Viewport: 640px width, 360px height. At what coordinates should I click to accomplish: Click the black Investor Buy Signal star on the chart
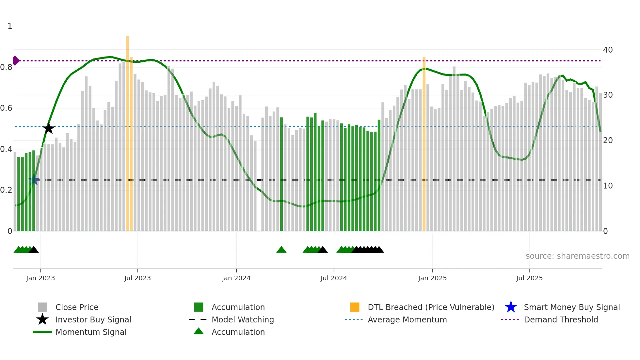click(48, 128)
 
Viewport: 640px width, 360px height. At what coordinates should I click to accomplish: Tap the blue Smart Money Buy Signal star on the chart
click(34, 180)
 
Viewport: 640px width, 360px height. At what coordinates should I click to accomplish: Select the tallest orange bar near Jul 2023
click(127, 131)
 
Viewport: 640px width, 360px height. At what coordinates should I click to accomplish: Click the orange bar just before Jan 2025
click(424, 144)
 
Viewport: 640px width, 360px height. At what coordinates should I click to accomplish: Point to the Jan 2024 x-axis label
click(236, 278)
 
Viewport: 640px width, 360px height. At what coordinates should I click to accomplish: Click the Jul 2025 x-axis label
click(529, 278)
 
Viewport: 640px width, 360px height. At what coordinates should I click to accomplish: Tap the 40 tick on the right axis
click(608, 50)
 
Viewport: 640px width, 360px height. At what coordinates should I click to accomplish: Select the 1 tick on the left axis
click(10, 26)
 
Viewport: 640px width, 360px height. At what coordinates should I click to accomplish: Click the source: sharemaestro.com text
click(577, 256)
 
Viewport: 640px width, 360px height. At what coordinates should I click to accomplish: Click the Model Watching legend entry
click(243, 319)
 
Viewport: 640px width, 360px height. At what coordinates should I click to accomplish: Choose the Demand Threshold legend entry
click(561, 319)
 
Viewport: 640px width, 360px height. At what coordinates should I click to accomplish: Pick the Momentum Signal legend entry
click(91, 332)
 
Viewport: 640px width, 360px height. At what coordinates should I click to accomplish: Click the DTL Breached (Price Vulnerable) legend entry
click(431, 307)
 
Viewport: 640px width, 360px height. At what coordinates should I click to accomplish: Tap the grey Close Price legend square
click(42, 307)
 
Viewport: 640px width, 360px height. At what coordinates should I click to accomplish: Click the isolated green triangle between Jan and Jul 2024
click(281, 250)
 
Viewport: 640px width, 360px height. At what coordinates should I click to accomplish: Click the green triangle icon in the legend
click(199, 332)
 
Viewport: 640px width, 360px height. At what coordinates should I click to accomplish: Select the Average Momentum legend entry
click(407, 319)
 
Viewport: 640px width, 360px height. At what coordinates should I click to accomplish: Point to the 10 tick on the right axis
click(608, 186)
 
